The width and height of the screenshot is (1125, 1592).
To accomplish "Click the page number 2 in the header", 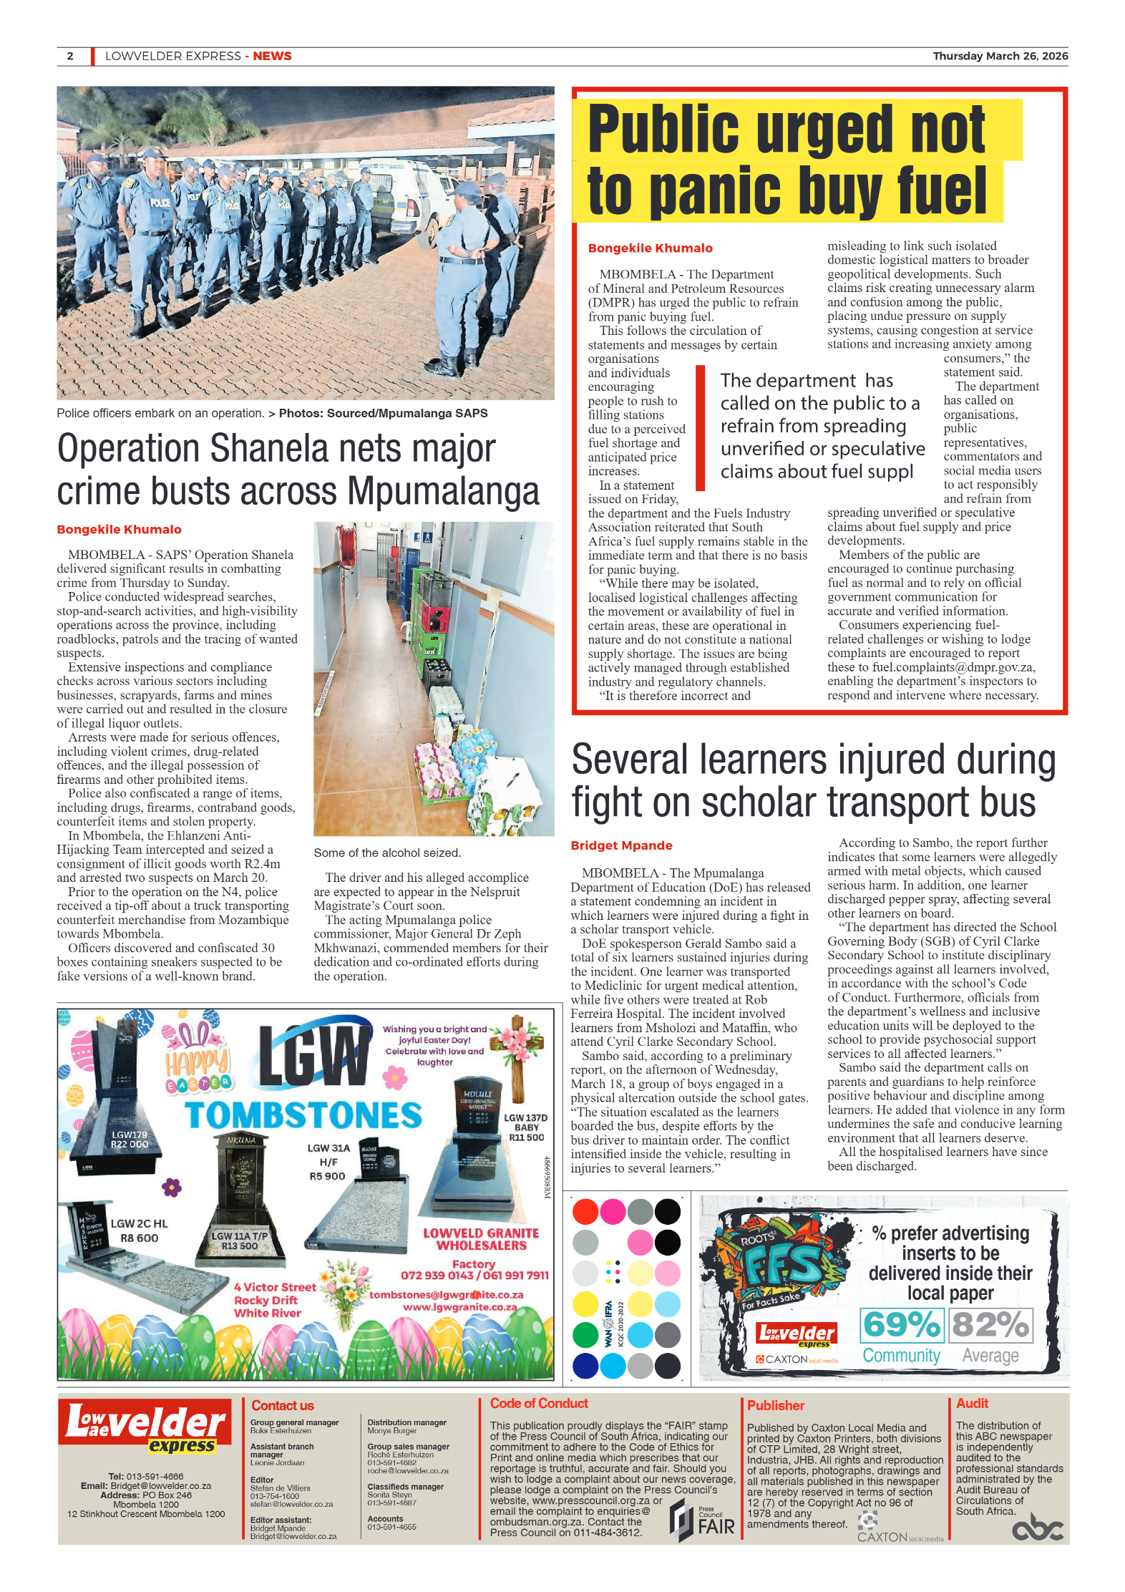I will (70, 56).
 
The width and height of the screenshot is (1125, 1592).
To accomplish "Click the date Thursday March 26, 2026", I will (1000, 56).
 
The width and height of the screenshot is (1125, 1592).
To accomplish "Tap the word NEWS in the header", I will (272, 56).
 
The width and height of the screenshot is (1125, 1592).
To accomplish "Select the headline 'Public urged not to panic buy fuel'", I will (786, 160).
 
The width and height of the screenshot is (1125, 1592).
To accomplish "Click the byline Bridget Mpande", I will (621, 845).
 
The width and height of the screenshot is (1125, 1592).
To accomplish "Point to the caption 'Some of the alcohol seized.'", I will (387, 853).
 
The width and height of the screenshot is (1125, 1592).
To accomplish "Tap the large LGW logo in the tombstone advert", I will (314, 1057).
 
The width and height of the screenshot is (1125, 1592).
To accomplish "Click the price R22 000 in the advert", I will (130, 1145).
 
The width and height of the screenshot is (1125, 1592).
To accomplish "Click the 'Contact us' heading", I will (283, 1405).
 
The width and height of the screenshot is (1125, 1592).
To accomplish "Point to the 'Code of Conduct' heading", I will (539, 1403).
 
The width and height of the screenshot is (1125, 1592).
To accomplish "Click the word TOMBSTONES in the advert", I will (303, 1115).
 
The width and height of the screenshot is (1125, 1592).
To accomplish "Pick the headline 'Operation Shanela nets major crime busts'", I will (298, 470).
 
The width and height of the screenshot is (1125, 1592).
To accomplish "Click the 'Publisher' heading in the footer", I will (776, 1405).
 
